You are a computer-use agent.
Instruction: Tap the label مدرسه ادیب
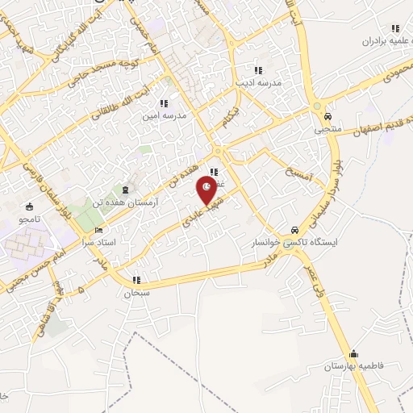tap(257, 82)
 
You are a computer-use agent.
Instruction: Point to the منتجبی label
tap(328, 128)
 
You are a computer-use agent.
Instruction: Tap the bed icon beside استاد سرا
tap(99, 230)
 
